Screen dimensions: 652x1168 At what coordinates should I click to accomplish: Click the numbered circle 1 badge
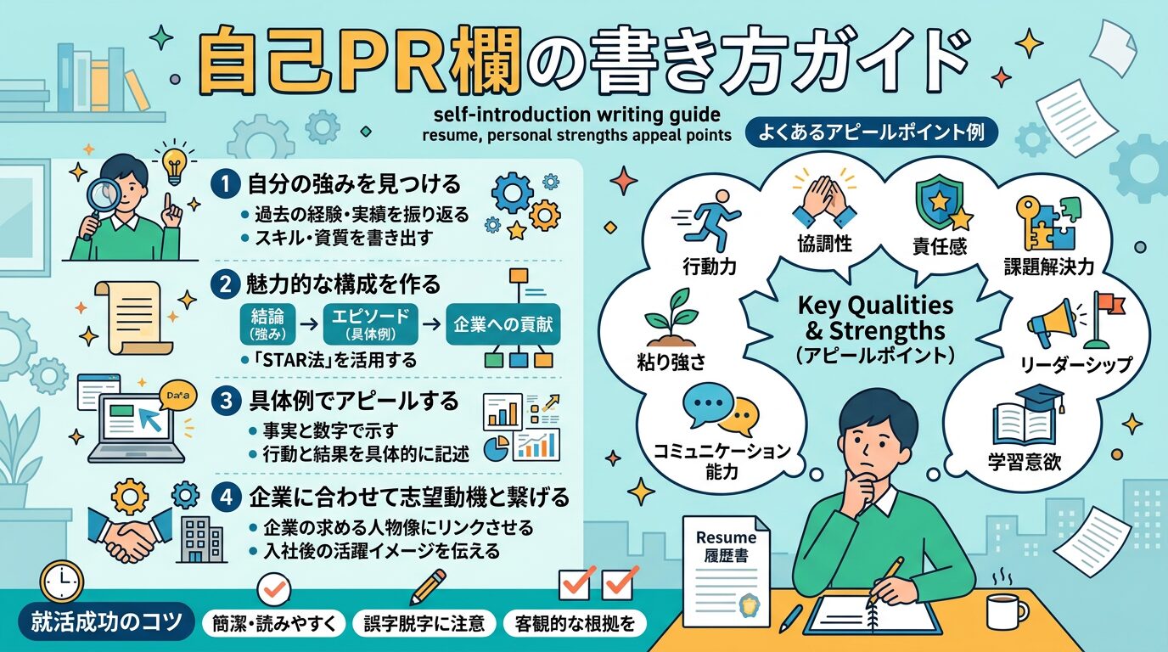pos(227,184)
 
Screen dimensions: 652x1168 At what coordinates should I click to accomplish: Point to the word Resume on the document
pos(726,537)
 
